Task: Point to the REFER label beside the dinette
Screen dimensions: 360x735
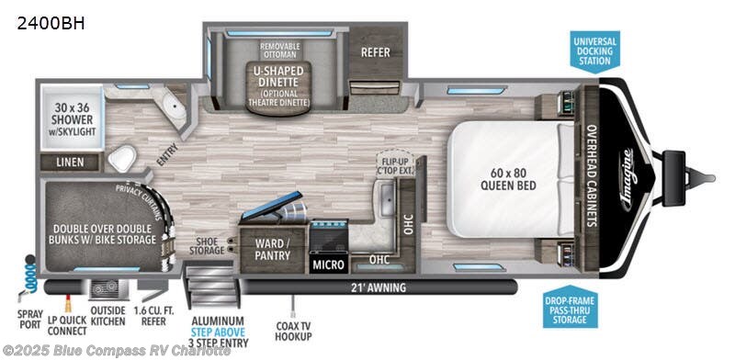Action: tap(376, 52)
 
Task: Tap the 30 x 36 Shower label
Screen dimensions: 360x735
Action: tap(68, 124)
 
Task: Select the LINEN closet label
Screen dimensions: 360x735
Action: tap(71, 163)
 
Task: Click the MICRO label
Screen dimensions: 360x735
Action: tap(328, 264)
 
